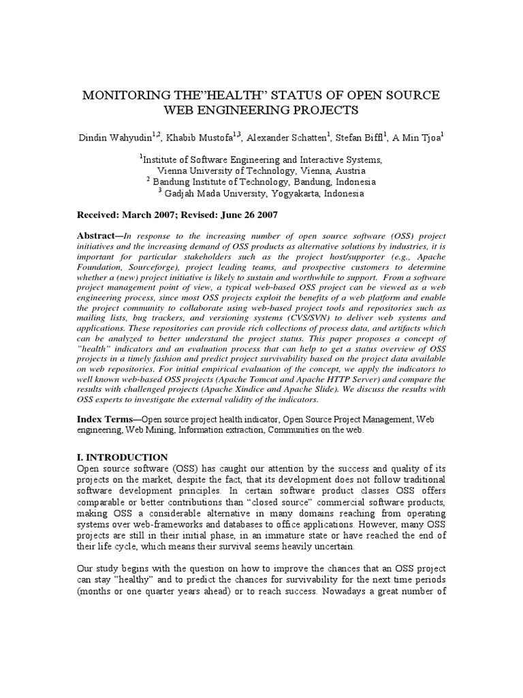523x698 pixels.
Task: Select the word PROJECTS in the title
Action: coord(321,110)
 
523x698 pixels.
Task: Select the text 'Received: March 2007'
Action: coord(128,215)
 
